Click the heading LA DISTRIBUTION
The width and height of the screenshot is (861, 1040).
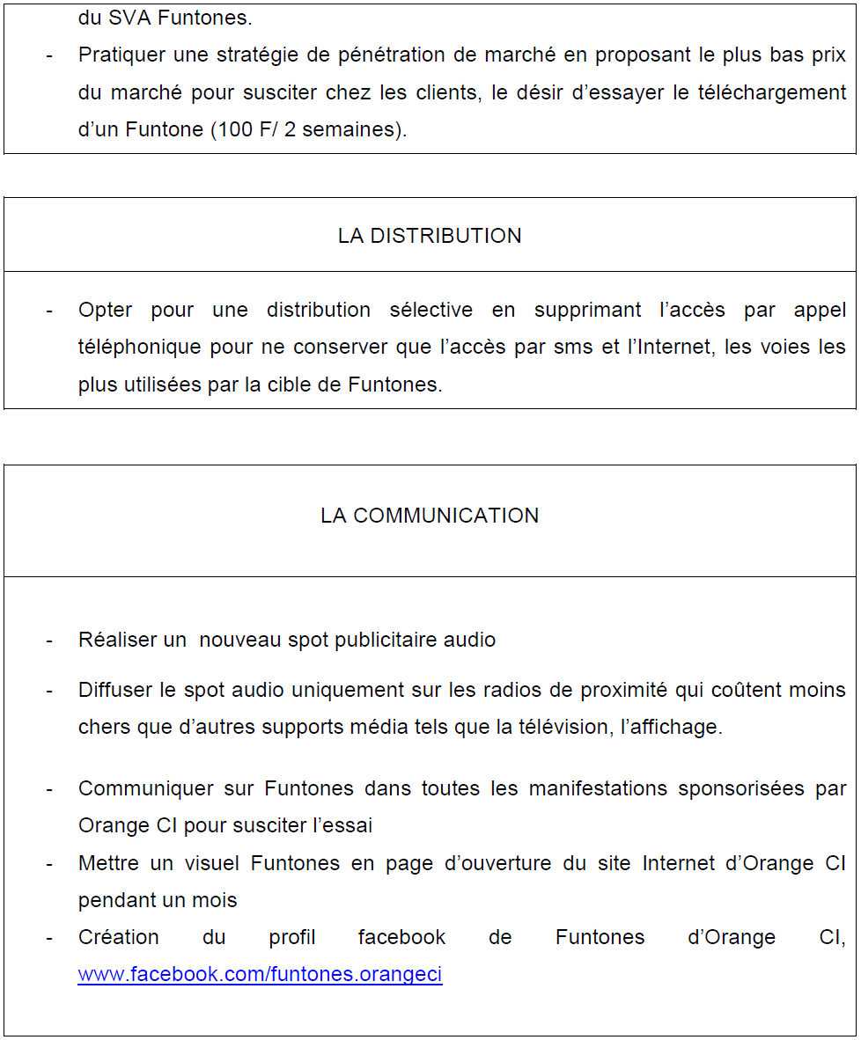430,236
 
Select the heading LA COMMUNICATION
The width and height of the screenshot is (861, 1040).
430,516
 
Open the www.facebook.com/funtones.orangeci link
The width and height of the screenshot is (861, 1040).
260,974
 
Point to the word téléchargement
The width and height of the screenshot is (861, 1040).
772,92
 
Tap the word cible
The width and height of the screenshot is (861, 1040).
311,385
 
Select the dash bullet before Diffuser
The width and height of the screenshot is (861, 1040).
49,691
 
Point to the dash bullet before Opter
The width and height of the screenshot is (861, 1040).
49,311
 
